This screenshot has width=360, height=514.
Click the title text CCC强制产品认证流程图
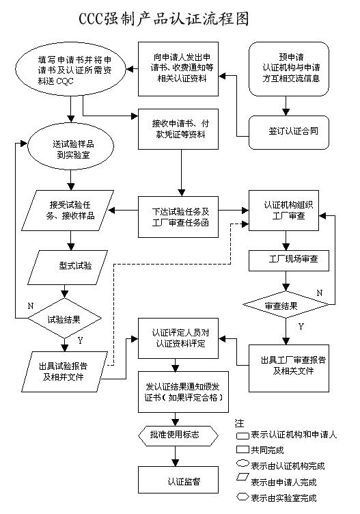tap(180, 16)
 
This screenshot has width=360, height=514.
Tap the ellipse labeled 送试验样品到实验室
tap(72, 149)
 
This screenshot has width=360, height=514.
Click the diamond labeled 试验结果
tap(66, 318)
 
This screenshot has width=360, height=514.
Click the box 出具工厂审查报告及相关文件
tap(292, 366)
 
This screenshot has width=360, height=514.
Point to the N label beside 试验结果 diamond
tap(30, 306)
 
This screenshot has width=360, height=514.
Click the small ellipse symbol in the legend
tap(241, 465)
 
